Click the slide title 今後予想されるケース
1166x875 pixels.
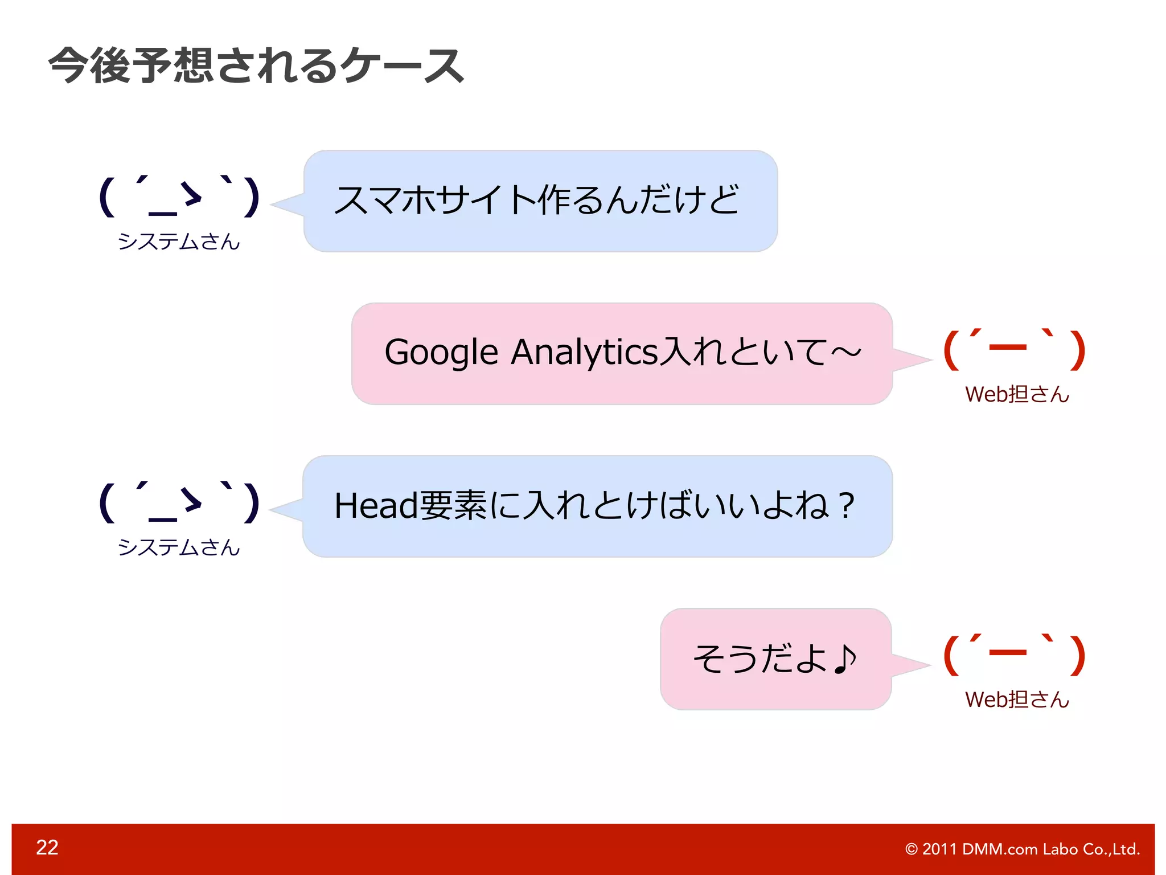coord(256,66)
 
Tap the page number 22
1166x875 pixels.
coord(47,847)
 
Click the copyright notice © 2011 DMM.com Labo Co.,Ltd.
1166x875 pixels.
coord(1022,849)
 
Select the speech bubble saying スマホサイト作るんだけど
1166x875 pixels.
coord(540,201)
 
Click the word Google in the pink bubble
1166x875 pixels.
coord(441,353)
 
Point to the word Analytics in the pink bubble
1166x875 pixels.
coord(585,353)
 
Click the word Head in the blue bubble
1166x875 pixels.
coord(376,506)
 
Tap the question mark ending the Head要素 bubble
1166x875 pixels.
coord(847,506)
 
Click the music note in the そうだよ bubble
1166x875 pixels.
coord(845,659)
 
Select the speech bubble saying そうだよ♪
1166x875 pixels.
coord(775,659)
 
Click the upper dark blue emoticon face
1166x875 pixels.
coord(179,197)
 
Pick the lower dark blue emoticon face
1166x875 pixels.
coord(179,502)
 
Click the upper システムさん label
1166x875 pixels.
coord(179,242)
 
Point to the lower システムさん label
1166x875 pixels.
coord(179,547)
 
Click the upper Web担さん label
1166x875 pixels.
coord(1017,394)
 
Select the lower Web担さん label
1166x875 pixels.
coord(1017,700)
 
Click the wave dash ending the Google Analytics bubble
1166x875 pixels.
coord(846,353)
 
